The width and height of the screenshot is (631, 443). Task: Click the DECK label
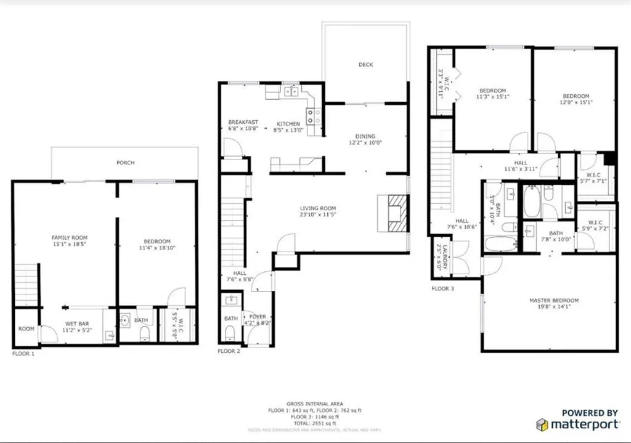pos(365,65)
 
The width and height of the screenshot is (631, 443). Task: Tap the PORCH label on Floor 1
pos(125,163)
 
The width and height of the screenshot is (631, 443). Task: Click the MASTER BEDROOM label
pos(554,301)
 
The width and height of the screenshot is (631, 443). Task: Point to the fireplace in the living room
pos(393,213)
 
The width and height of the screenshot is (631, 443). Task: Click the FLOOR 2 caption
pos(229,351)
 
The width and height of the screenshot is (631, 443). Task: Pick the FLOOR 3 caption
pos(443,288)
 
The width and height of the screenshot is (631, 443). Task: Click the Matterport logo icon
pos(542,425)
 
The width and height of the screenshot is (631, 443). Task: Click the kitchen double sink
pos(290,92)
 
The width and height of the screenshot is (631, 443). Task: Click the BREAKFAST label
pos(243,122)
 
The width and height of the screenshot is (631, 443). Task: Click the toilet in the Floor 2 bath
pos(230,333)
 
